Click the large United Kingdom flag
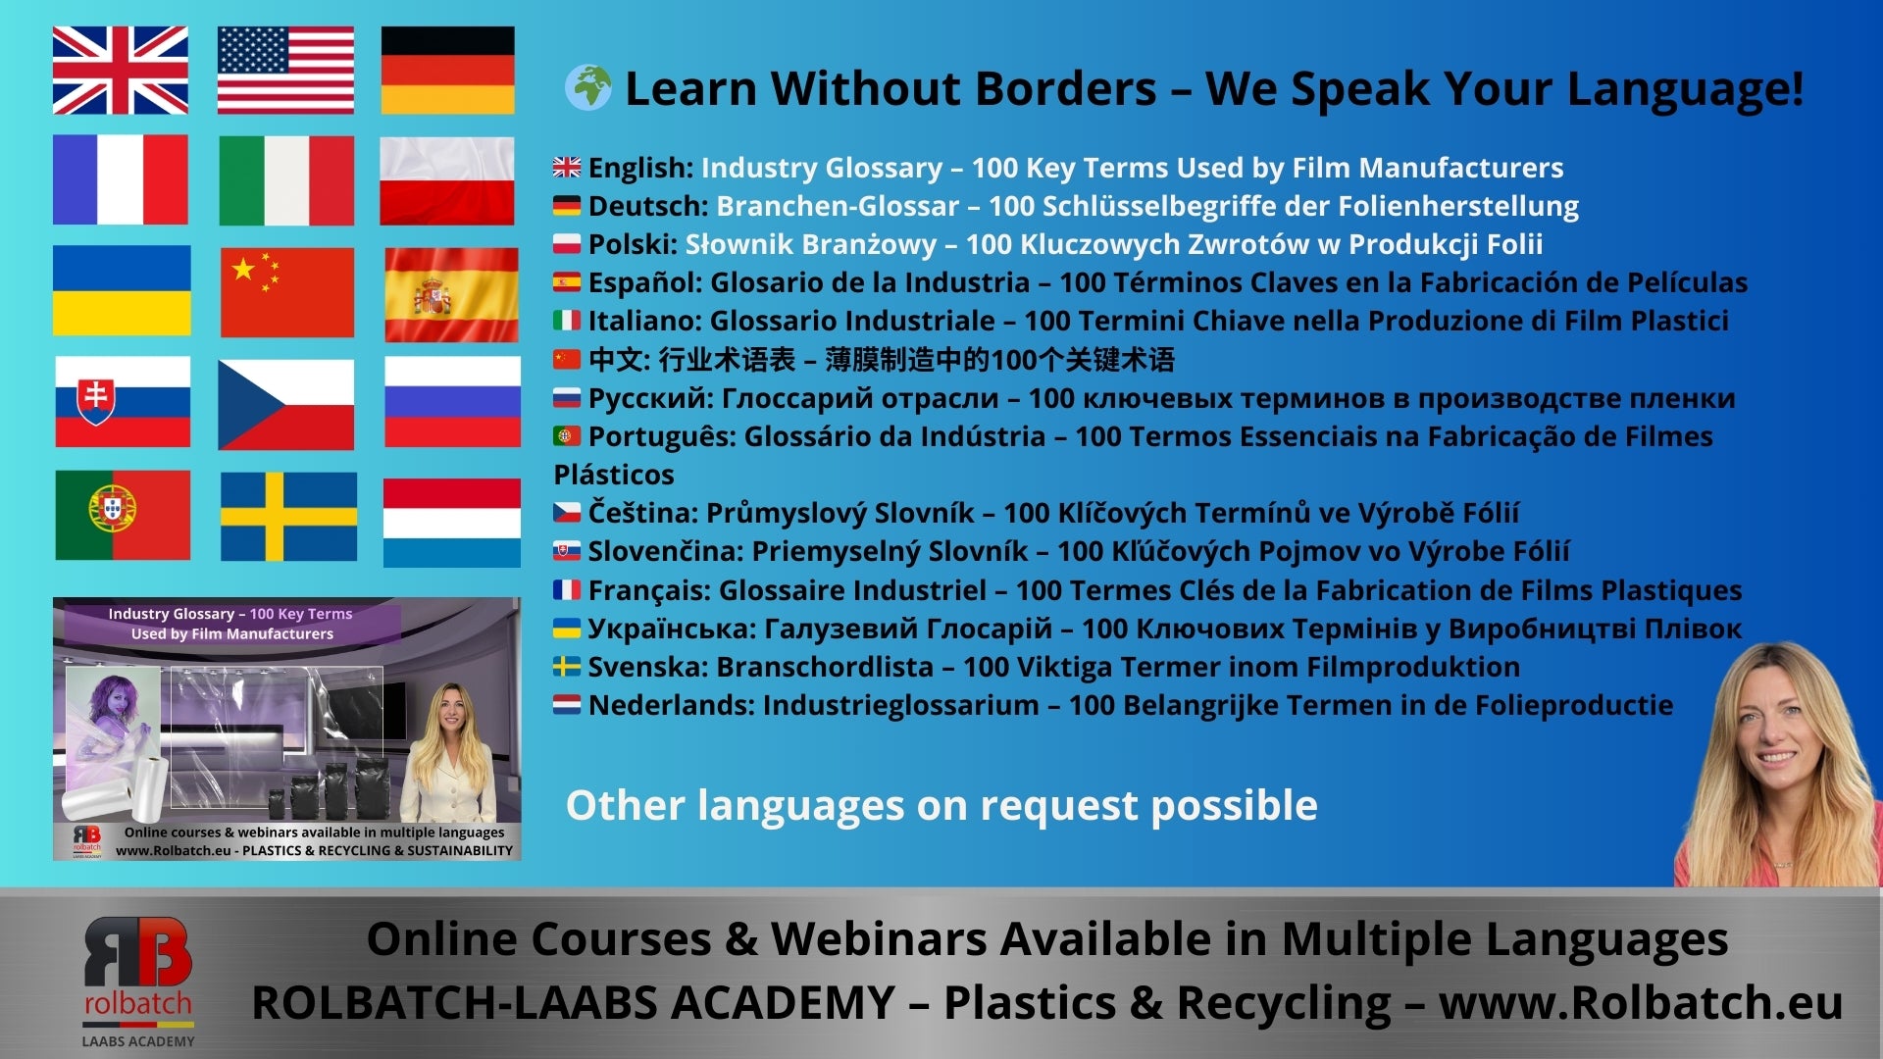point(121,71)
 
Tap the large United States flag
point(285,71)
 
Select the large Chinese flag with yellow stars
point(287,292)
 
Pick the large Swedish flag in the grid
point(288,517)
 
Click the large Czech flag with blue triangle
point(285,404)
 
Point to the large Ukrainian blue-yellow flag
point(122,290)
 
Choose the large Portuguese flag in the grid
point(123,515)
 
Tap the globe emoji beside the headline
point(588,87)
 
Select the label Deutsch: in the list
point(648,206)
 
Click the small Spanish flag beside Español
point(567,282)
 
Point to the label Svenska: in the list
point(648,667)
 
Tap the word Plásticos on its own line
point(614,475)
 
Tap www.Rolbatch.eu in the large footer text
point(1641,1003)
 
